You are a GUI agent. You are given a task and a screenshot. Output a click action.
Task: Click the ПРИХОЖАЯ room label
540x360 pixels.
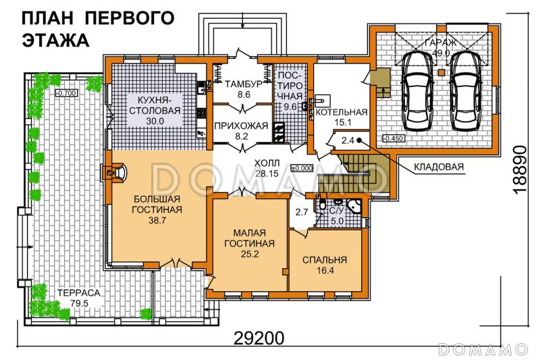pos(241,126)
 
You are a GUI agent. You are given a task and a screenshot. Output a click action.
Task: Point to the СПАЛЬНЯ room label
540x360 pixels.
pos(324,259)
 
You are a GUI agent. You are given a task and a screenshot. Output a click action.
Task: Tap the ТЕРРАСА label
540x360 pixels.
pos(79,293)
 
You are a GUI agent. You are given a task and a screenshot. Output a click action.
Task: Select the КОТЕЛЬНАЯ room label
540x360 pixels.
pos(342,112)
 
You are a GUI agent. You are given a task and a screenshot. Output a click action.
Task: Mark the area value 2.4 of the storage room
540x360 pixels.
pos(348,140)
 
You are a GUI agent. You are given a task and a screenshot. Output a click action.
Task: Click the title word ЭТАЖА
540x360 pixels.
pos(56,40)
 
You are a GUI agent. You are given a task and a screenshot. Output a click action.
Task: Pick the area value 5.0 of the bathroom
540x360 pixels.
pos(336,219)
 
